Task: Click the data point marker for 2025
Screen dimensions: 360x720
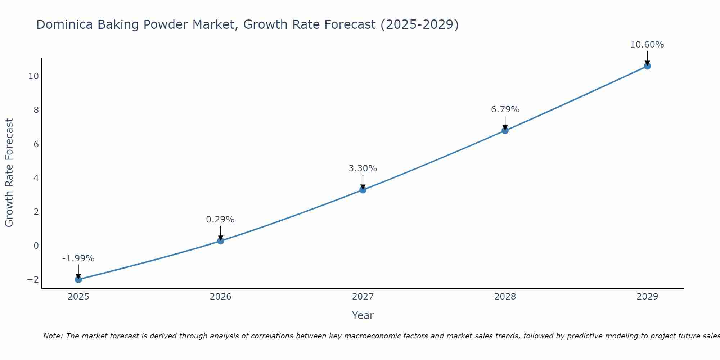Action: click(78, 279)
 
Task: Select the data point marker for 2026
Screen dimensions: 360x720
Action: click(221, 241)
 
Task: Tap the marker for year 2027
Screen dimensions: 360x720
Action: click(363, 190)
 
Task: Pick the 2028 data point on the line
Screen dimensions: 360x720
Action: click(505, 130)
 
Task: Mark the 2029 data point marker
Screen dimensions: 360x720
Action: click(647, 66)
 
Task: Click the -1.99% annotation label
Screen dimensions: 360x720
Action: click(78, 258)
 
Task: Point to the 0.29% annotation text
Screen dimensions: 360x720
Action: click(220, 220)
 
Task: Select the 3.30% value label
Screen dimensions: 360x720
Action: click(363, 168)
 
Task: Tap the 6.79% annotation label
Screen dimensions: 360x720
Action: click(505, 109)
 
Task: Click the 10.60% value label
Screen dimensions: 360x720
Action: click(647, 45)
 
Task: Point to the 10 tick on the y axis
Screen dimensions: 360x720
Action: click(33, 76)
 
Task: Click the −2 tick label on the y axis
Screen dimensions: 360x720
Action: click(32, 280)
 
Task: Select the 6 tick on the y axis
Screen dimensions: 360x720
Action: click(36, 144)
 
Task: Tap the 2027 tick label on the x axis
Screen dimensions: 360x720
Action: click(363, 297)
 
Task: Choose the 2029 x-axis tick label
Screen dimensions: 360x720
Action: click(647, 297)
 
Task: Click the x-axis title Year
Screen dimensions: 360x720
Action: click(363, 315)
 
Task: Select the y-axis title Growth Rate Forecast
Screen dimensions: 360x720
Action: click(9, 173)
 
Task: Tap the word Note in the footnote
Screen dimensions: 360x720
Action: click(53, 336)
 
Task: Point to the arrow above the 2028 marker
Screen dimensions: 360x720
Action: click(505, 122)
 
